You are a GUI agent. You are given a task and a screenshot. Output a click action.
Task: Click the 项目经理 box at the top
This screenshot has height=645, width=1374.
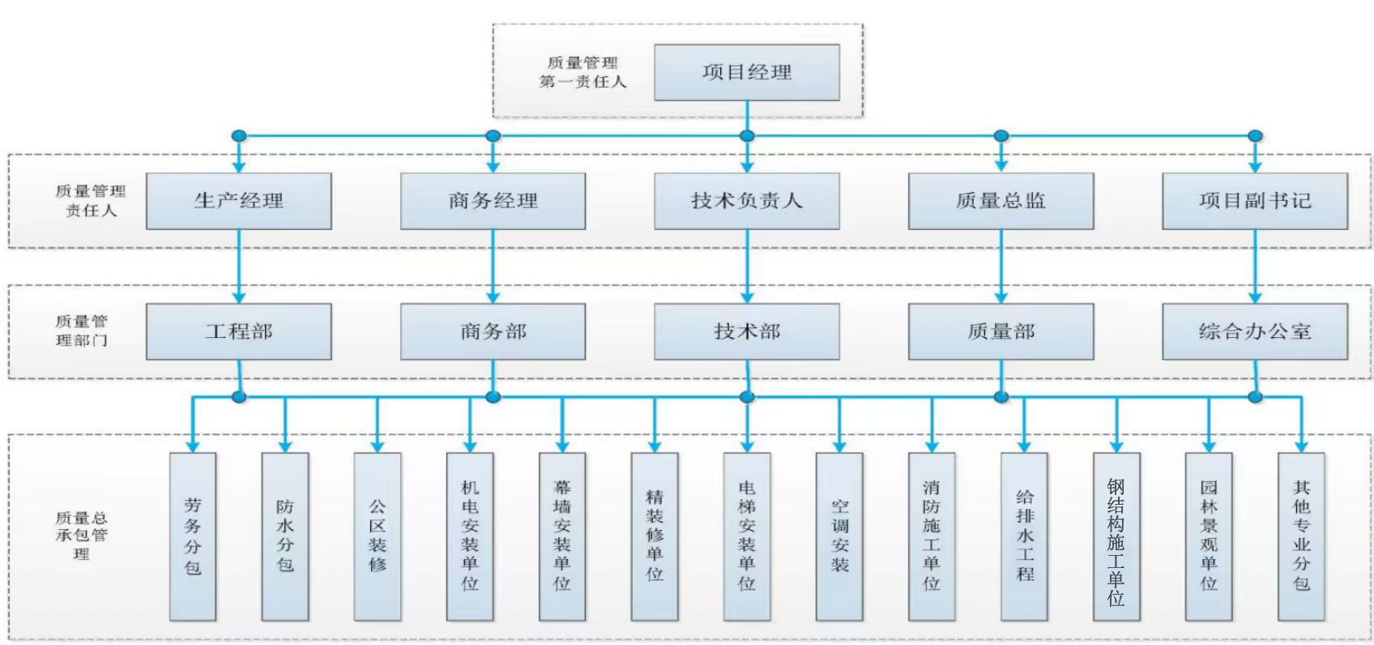click(x=746, y=72)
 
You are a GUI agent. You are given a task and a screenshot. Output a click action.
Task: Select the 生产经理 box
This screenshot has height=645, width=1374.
click(x=238, y=201)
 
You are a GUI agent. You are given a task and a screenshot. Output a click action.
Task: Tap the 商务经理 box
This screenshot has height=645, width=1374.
click(x=493, y=201)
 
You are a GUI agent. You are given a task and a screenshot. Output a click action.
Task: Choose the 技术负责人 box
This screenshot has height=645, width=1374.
click(x=746, y=201)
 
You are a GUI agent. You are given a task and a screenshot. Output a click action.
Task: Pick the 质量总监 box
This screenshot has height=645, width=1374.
click(x=1001, y=201)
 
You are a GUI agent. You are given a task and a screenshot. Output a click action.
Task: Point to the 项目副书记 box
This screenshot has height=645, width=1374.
click(x=1254, y=201)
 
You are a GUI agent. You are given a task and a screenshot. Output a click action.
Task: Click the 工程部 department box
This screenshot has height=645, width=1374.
click(x=238, y=331)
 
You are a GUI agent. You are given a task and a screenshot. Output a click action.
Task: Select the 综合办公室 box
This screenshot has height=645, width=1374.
click(x=1254, y=331)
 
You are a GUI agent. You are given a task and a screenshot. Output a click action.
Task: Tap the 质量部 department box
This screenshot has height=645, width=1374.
click(x=1001, y=331)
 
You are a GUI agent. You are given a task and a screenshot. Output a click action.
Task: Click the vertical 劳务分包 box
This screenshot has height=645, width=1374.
click(x=193, y=536)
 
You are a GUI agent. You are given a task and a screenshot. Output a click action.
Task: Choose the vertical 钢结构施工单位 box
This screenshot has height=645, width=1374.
click(x=1116, y=536)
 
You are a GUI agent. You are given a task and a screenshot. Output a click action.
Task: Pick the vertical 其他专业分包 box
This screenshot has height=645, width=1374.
click(x=1301, y=536)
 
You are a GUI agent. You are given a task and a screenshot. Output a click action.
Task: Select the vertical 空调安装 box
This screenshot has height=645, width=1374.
click(x=839, y=536)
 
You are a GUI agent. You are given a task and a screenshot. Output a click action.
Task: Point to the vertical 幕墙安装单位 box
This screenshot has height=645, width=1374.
click(x=562, y=536)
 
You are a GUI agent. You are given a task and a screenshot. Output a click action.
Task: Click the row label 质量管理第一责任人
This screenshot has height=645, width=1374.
click(x=582, y=72)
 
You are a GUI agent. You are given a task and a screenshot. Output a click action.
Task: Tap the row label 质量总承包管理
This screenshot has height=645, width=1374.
click(x=81, y=536)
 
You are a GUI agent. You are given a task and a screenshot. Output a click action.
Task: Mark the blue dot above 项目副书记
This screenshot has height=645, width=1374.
click(x=1255, y=136)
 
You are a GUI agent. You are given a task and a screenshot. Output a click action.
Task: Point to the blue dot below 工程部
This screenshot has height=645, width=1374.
click(x=238, y=397)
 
